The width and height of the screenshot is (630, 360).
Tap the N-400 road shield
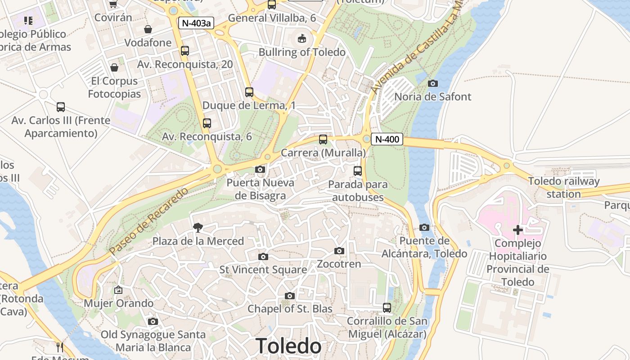click(x=387, y=139)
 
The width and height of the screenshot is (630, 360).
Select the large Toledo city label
click(x=288, y=346)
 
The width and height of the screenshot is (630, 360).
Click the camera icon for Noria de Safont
click(x=433, y=83)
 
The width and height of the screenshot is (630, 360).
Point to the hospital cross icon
click(x=518, y=230)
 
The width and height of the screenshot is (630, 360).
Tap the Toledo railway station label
click(x=563, y=188)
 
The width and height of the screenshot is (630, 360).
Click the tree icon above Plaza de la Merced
click(x=198, y=228)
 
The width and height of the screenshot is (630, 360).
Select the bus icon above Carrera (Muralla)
click(x=323, y=139)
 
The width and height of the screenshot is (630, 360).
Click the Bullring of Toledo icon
click(x=302, y=39)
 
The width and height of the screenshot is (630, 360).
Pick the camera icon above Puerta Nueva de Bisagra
click(x=260, y=170)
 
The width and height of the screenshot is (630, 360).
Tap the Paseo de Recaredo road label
click(x=149, y=222)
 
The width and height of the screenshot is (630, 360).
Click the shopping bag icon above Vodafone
click(x=148, y=29)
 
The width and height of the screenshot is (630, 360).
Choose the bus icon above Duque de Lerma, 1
click(x=249, y=92)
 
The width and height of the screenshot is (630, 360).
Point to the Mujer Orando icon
click(x=118, y=290)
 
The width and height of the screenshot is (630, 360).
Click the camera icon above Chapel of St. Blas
click(x=290, y=296)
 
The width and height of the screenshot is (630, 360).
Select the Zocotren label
click(x=339, y=264)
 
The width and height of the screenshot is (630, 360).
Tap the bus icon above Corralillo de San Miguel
click(x=387, y=308)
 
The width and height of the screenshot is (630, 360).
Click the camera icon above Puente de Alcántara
click(x=424, y=228)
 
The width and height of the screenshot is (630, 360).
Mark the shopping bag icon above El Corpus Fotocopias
click(x=114, y=67)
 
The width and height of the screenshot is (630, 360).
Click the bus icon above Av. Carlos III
click(x=61, y=107)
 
